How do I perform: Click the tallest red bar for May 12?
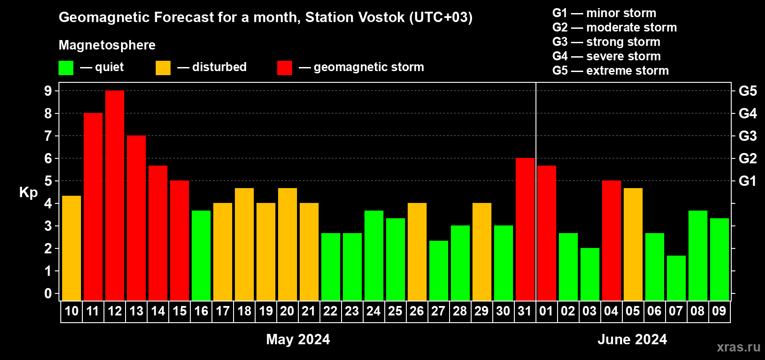tap(115, 195)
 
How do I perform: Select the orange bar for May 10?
tap(72, 248)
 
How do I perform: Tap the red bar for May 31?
tap(525, 229)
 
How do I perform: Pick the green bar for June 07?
tap(676, 278)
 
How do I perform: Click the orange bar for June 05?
tap(633, 244)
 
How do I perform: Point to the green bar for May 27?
tap(439, 270)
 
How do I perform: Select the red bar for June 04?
tap(612, 240)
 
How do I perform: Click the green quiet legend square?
tap(66, 67)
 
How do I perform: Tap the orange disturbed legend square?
tap(163, 67)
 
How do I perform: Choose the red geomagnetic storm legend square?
tap(285, 67)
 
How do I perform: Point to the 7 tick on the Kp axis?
tap(48, 136)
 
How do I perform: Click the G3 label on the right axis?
tap(747, 136)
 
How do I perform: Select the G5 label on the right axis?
tap(747, 91)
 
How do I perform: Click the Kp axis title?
tap(28, 193)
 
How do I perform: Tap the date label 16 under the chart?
tap(201, 311)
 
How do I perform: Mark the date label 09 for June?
tap(719, 311)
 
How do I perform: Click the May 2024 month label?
tap(298, 339)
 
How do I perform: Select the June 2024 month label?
tap(632, 339)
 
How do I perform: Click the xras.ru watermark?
tap(738, 347)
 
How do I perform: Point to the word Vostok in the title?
tap(382, 17)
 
